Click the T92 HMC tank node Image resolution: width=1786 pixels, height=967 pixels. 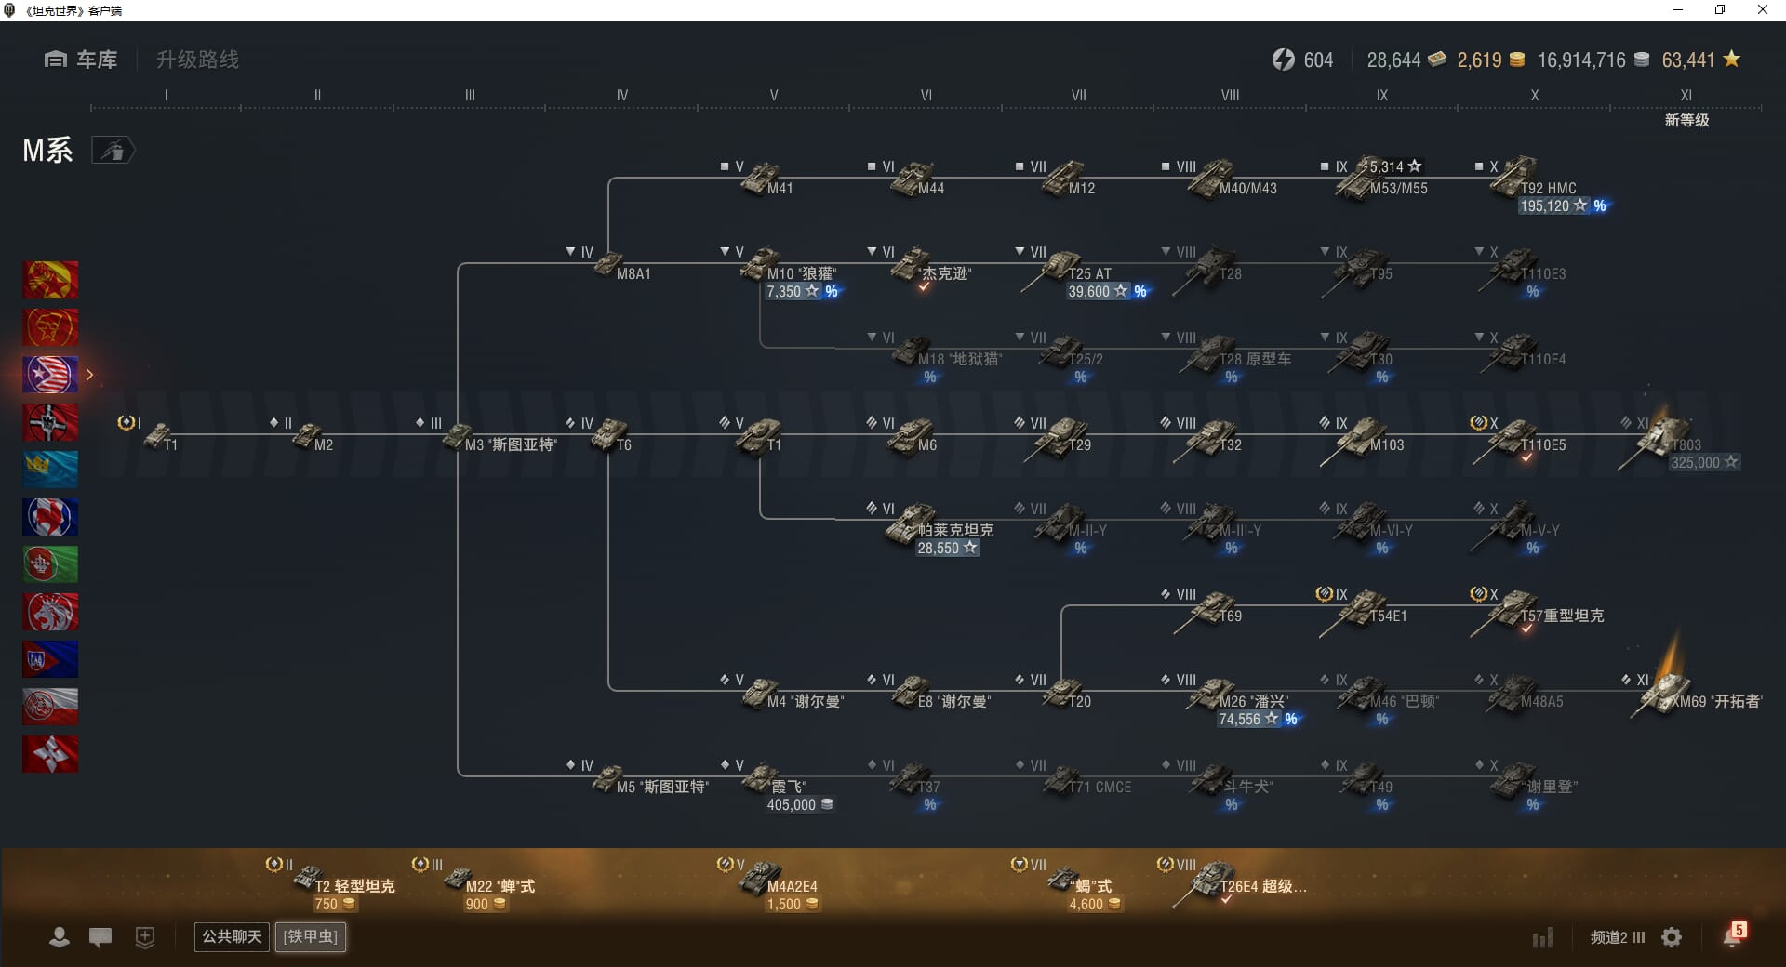[x=1516, y=178]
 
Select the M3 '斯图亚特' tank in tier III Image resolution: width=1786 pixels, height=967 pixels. [x=458, y=435]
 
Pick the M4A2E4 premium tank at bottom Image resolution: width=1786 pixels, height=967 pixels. [x=761, y=878]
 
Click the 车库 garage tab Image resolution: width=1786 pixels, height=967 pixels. [x=81, y=60]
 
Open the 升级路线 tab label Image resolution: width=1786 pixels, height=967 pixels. [x=197, y=60]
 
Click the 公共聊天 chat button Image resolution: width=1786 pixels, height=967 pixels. [x=232, y=936]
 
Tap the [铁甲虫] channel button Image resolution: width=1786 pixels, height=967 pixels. [x=311, y=936]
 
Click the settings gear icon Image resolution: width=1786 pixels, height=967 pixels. [x=1672, y=937]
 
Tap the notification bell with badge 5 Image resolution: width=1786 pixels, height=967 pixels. [x=1732, y=936]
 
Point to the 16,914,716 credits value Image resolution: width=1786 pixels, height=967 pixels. [x=1580, y=60]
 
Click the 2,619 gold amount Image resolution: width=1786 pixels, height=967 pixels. [x=1479, y=60]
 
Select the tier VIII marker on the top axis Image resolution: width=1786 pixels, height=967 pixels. [x=1230, y=95]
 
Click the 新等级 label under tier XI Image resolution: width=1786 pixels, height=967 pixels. [x=1686, y=120]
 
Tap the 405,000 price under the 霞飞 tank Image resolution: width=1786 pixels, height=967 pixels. [x=791, y=805]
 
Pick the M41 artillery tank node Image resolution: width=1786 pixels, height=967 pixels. [x=761, y=178]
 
